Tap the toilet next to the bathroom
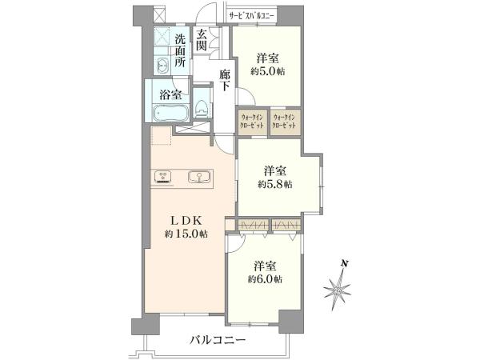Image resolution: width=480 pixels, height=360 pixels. [x=202, y=109]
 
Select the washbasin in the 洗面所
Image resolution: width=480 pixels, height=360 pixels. [x=162, y=66]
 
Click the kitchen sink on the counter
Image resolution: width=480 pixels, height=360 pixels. [x=199, y=177]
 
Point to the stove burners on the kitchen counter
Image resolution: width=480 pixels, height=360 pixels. [x=163, y=177]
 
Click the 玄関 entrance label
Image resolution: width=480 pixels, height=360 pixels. [x=201, y=41]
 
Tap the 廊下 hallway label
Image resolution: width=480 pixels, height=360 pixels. [x=225, y=81]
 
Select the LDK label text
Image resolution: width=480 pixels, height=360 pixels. [x=186, y=220]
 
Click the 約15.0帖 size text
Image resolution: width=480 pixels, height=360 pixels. [x=186, y=234]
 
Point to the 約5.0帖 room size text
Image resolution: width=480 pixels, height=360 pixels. [x=268, y=72]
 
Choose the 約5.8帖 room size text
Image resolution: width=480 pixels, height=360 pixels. [x=275, y=184]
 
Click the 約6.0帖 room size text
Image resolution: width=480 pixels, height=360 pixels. [x=265, y=279]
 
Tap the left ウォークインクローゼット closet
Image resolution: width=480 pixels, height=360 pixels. [x=253, y=122]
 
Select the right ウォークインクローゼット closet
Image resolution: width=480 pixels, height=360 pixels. [x=285, y=122]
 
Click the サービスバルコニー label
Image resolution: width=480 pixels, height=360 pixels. [x=252, y=17]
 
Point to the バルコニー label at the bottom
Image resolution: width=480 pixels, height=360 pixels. [x=218, y=340]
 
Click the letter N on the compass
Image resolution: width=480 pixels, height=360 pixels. [x=345, y=263]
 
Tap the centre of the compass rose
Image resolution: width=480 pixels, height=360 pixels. [x=338, y=290]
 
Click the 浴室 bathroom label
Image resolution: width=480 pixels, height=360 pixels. [x=170, y=94]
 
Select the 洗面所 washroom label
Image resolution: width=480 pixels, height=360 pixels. [x=180, y=50]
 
